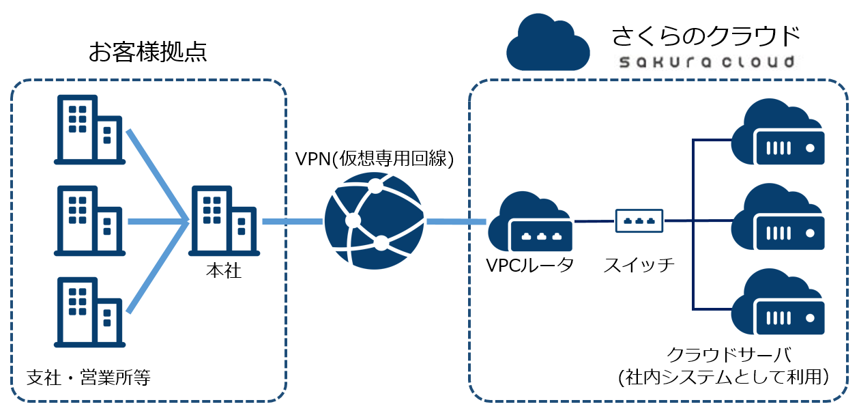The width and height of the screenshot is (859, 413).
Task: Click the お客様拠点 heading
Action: point(147,53)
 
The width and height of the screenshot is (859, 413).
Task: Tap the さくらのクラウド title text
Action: point(705,34)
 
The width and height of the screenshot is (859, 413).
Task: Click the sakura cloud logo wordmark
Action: point(705,62)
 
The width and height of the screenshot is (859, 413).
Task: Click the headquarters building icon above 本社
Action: point(222,221)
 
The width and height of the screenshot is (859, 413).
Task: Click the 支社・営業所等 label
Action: point(88,377)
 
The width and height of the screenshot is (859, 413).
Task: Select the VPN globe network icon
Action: point(374,220)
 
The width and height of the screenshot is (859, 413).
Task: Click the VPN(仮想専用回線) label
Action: point(374,160)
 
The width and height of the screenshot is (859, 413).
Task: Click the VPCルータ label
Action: point(529,266)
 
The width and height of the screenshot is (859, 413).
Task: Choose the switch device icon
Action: point(639,220)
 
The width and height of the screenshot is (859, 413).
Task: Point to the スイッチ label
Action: point(639,266)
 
